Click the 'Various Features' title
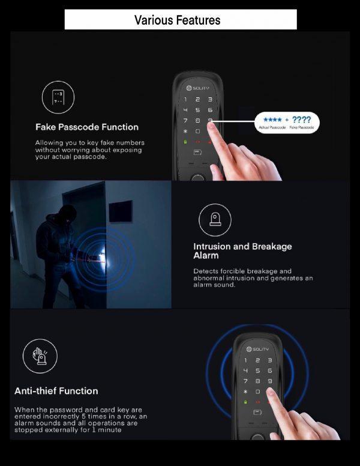(178, 20)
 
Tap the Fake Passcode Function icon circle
(58, 97)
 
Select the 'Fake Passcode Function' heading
(87, 127)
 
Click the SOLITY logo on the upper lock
(198, 88)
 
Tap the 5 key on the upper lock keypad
(197, 110)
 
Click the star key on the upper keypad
(185, 131)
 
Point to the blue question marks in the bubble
(301, 120)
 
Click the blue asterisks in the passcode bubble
(272, 120)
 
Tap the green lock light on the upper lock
(185, 142)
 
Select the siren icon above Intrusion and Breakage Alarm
(215, 220)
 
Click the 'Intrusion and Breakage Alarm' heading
(242, 251)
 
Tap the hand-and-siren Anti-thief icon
(40, 356)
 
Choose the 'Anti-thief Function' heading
(56, 391)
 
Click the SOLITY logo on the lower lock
(257, 349)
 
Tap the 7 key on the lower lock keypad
(245, 381)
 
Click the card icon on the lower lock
(257, 412)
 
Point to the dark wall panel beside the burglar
(120, 211)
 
